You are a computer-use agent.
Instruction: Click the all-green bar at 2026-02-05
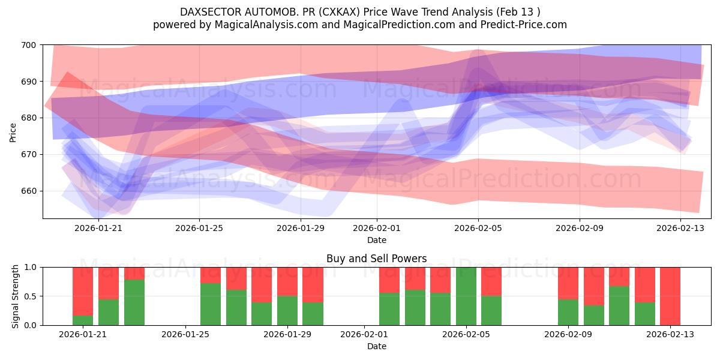pos(466,296)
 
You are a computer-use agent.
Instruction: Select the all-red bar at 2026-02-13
pos(670,296)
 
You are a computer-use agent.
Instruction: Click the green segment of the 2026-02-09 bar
pos(568,312)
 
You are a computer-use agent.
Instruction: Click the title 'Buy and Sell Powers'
pos(376,259)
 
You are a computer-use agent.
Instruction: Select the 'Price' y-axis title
pos(13,131)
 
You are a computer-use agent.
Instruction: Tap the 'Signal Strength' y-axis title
pos(16,296)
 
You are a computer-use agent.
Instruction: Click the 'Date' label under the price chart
pos(376,240)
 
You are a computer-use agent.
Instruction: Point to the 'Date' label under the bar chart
pos(376,346)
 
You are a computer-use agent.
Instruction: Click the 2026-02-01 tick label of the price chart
pos(377,228)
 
